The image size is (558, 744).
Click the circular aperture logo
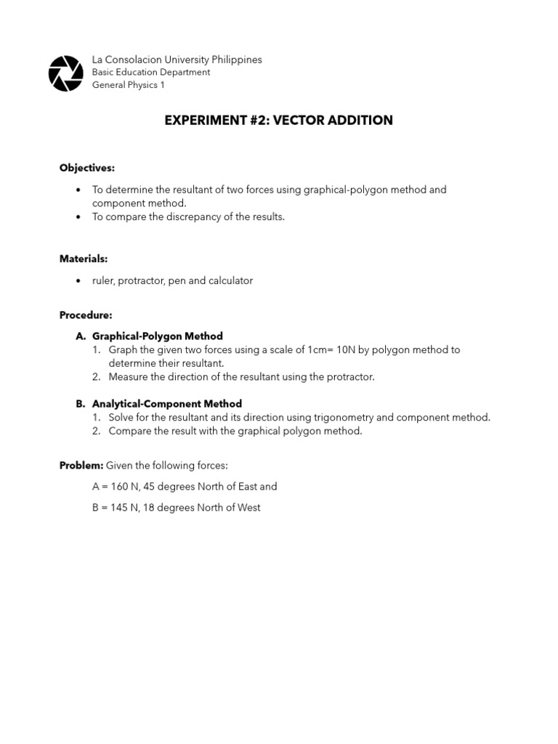point(65,73)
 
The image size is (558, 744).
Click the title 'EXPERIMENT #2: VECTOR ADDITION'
point(278,121)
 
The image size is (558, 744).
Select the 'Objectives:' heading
point(87,168)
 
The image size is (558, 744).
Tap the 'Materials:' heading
point(84,259)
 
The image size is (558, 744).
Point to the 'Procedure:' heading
point(86,315)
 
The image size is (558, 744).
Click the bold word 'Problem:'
point(81,465)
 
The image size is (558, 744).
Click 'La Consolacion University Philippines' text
point(177,60)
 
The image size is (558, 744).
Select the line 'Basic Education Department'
point(151,73)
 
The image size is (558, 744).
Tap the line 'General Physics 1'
point(129,85)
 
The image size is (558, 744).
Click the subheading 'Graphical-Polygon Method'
point(157,336)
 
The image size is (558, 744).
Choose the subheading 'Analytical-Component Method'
point(166,404)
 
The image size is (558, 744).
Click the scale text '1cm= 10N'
point(331,349)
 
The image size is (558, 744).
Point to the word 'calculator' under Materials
point(230,280)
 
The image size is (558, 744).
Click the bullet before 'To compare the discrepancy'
point(78,217)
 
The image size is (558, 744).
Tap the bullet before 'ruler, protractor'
point(78,281)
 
